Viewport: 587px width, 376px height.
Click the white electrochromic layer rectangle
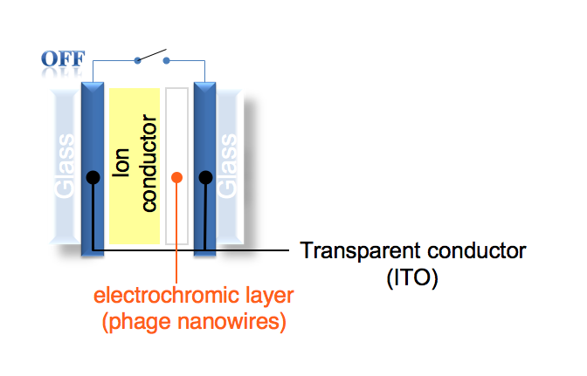click(176, 131)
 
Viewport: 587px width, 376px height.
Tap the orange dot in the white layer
click(176, 178)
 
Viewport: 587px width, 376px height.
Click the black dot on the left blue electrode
click(92, 178)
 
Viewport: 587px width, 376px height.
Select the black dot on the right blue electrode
click(206, 178)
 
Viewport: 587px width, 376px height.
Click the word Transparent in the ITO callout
click(355, 251)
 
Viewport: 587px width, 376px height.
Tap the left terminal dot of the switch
click(136, 61)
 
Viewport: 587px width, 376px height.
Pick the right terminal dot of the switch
click(166, 61)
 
